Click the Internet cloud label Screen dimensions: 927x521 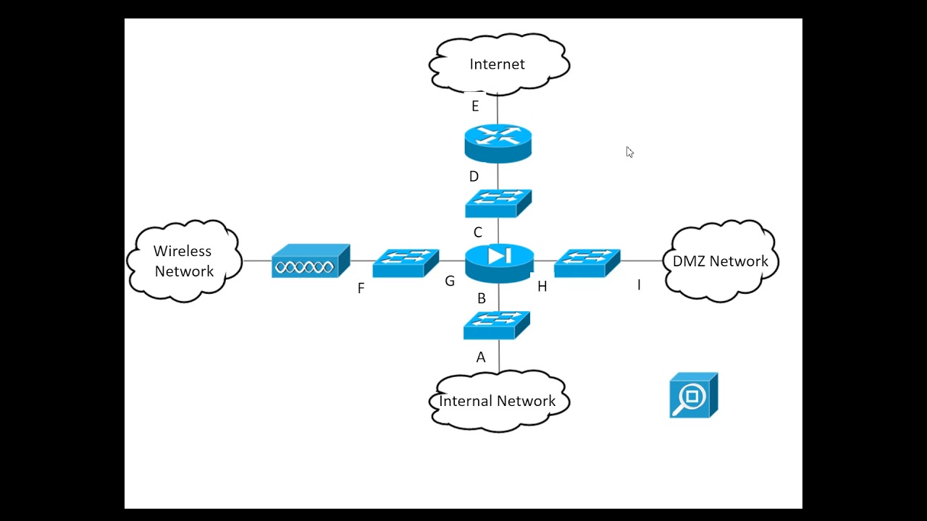[497, 64]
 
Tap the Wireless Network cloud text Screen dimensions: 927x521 [183, 261]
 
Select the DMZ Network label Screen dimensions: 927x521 [720, 261]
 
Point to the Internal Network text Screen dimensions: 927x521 [497, 401]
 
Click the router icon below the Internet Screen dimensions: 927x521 [498, 143]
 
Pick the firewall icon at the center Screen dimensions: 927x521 [500, 263]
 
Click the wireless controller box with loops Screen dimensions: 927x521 [311, 260]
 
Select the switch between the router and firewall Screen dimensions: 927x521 [498, 203]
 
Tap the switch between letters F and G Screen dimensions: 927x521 [406, 263]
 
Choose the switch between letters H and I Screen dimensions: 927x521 [587, 263]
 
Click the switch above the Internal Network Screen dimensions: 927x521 [497, 326]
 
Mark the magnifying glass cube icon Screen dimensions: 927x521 [694, 395]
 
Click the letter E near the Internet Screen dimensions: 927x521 [475, 106]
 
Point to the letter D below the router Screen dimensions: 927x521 [474, 177]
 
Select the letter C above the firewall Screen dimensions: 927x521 [477, 232]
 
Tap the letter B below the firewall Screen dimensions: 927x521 [482, 298]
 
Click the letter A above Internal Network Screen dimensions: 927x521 [480, 357]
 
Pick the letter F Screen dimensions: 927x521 [361, 288]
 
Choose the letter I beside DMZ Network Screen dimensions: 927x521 [639, 285]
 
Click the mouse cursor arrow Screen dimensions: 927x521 [629, 152]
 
